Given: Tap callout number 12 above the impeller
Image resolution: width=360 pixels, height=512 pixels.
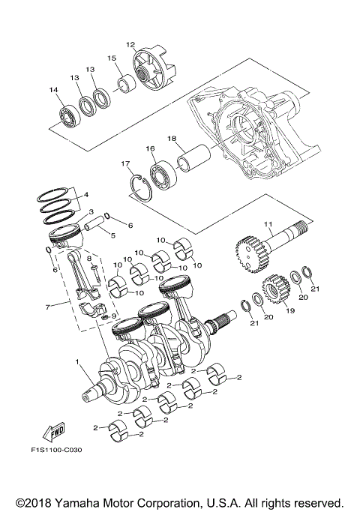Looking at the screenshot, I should [x=130, y=44].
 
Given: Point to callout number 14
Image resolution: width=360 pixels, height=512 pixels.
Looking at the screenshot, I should [x=53, y=91].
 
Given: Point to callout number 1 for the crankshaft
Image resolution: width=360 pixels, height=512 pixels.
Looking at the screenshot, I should [x=78, y=362].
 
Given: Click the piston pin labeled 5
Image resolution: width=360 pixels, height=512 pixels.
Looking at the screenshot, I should [x=95, y=223].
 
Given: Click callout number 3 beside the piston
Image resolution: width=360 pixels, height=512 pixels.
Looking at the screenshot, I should [x=90, y=212].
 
